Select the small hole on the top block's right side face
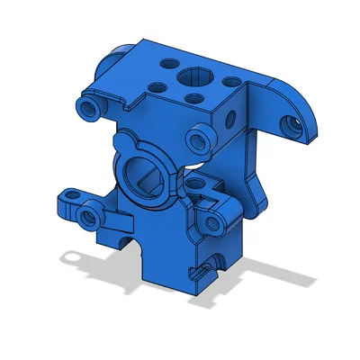pos(234,115)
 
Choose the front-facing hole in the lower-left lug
pos(88,216)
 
